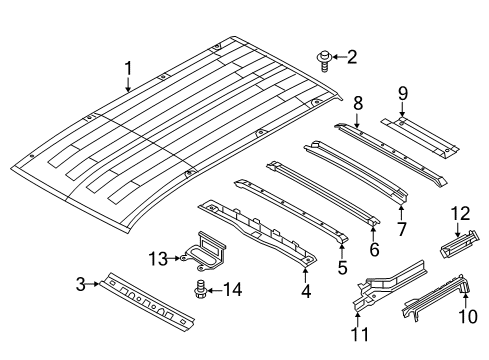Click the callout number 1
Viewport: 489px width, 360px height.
pyautogui.click(x=128, y=68)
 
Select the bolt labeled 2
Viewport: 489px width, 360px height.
pyautogui.click(x=325, y=58)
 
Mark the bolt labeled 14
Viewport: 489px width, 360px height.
pyautogui.click(x=200, y=291)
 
